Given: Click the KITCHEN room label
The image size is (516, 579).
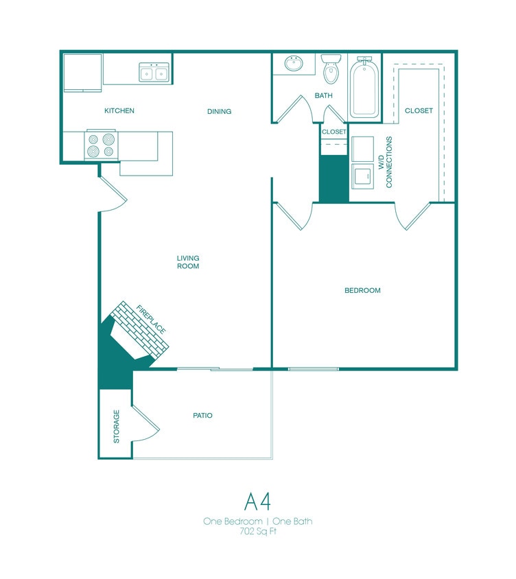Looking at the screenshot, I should point(119,110).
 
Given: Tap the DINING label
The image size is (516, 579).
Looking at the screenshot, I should point(220,111).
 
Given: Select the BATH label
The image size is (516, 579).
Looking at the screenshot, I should point(324,95).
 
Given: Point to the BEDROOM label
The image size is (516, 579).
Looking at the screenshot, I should point(362,290).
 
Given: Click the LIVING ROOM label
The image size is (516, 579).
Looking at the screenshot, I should point(188,262).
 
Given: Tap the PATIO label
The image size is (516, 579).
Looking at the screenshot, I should point(202,415).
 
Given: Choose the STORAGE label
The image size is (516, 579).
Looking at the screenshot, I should point(116,426).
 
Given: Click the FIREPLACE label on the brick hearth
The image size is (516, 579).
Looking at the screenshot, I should point(151,320).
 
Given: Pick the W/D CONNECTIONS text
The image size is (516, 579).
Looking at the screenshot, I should point(386,162).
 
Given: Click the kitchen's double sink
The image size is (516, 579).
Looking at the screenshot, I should point(154,72).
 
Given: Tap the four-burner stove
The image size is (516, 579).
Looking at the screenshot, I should point(101,145).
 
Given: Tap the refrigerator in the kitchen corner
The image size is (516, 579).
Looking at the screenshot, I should point(83,72).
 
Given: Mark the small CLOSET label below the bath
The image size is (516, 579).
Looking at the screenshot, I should point(334,131).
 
